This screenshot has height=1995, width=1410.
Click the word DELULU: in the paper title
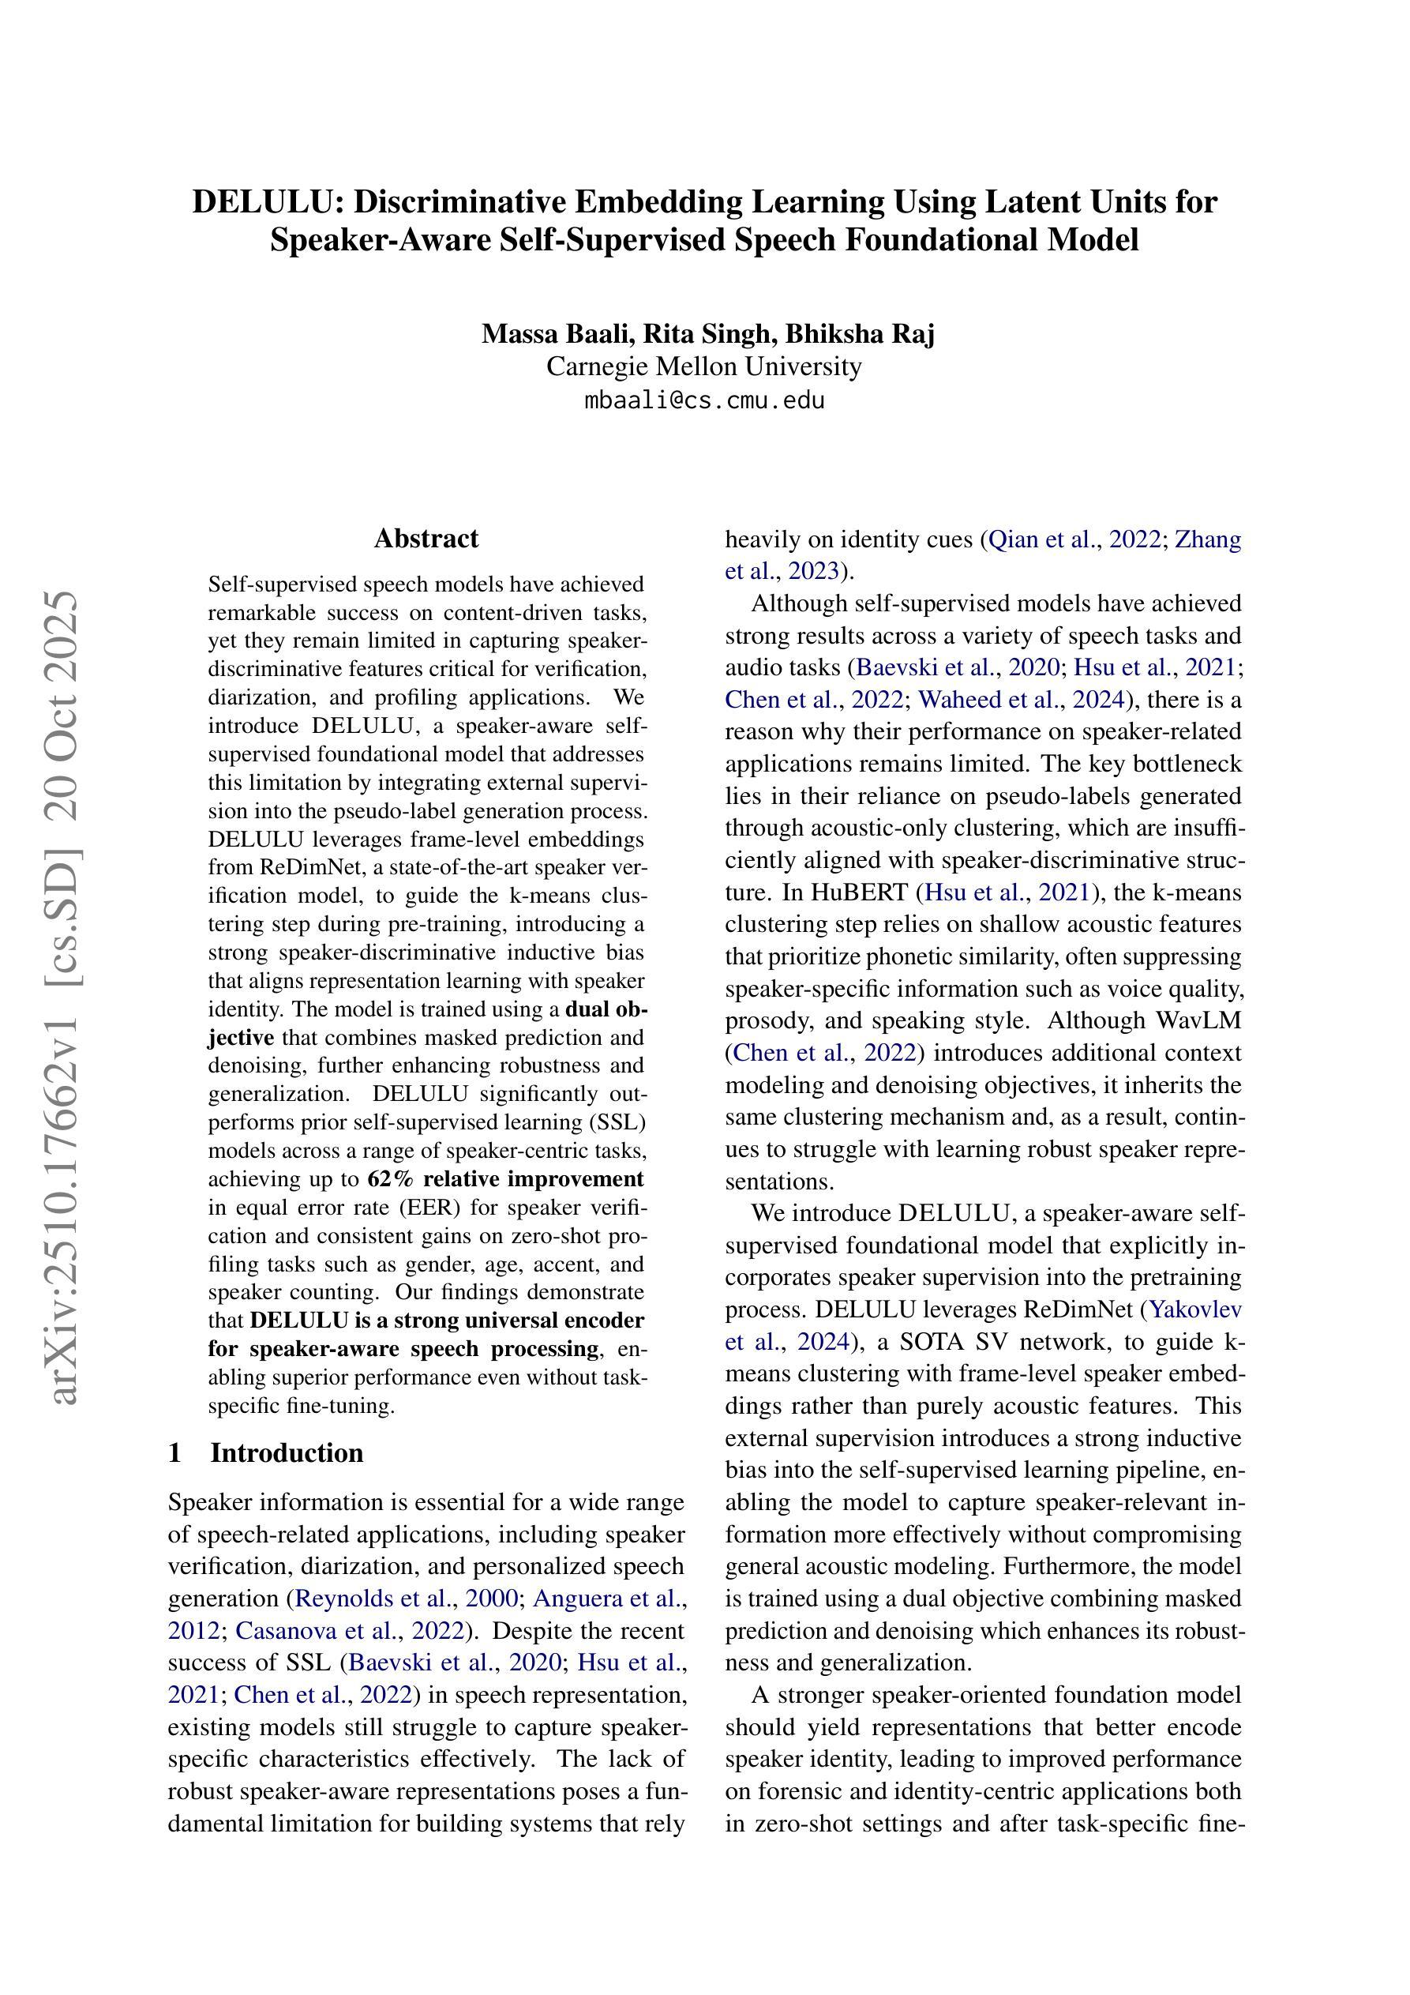tap(268, 201)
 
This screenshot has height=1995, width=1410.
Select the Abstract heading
tap(426, 539)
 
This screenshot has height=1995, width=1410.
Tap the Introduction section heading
tap(287, 1452)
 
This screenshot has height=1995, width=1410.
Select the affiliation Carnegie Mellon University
tap(703, 366)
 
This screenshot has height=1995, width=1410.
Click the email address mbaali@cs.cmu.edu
tap(703, 400)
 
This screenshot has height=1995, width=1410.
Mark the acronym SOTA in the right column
tap(932, 1342)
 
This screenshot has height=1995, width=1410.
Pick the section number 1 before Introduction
tap(174, 1452)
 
